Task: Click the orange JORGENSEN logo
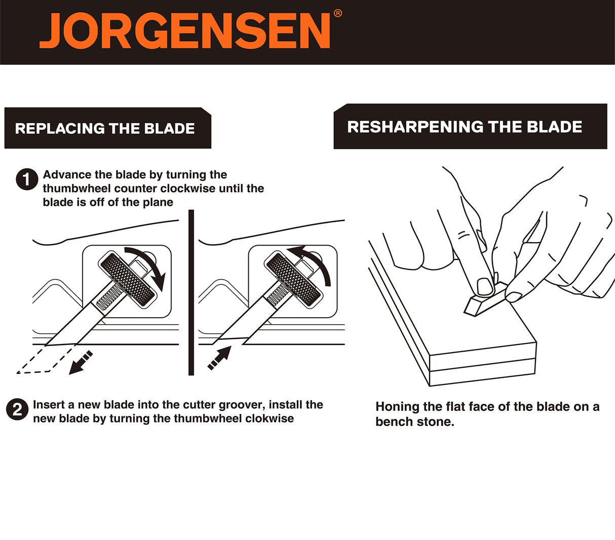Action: (184, 31)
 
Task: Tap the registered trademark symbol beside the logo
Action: (337, 13)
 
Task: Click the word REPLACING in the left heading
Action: (60, 128)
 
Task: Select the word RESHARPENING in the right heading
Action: (415, 127)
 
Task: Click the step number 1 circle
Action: (27, 179)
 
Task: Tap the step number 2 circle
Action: (17, 410)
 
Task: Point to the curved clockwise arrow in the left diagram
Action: (152, 262)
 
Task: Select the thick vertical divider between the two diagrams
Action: (191, 292)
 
